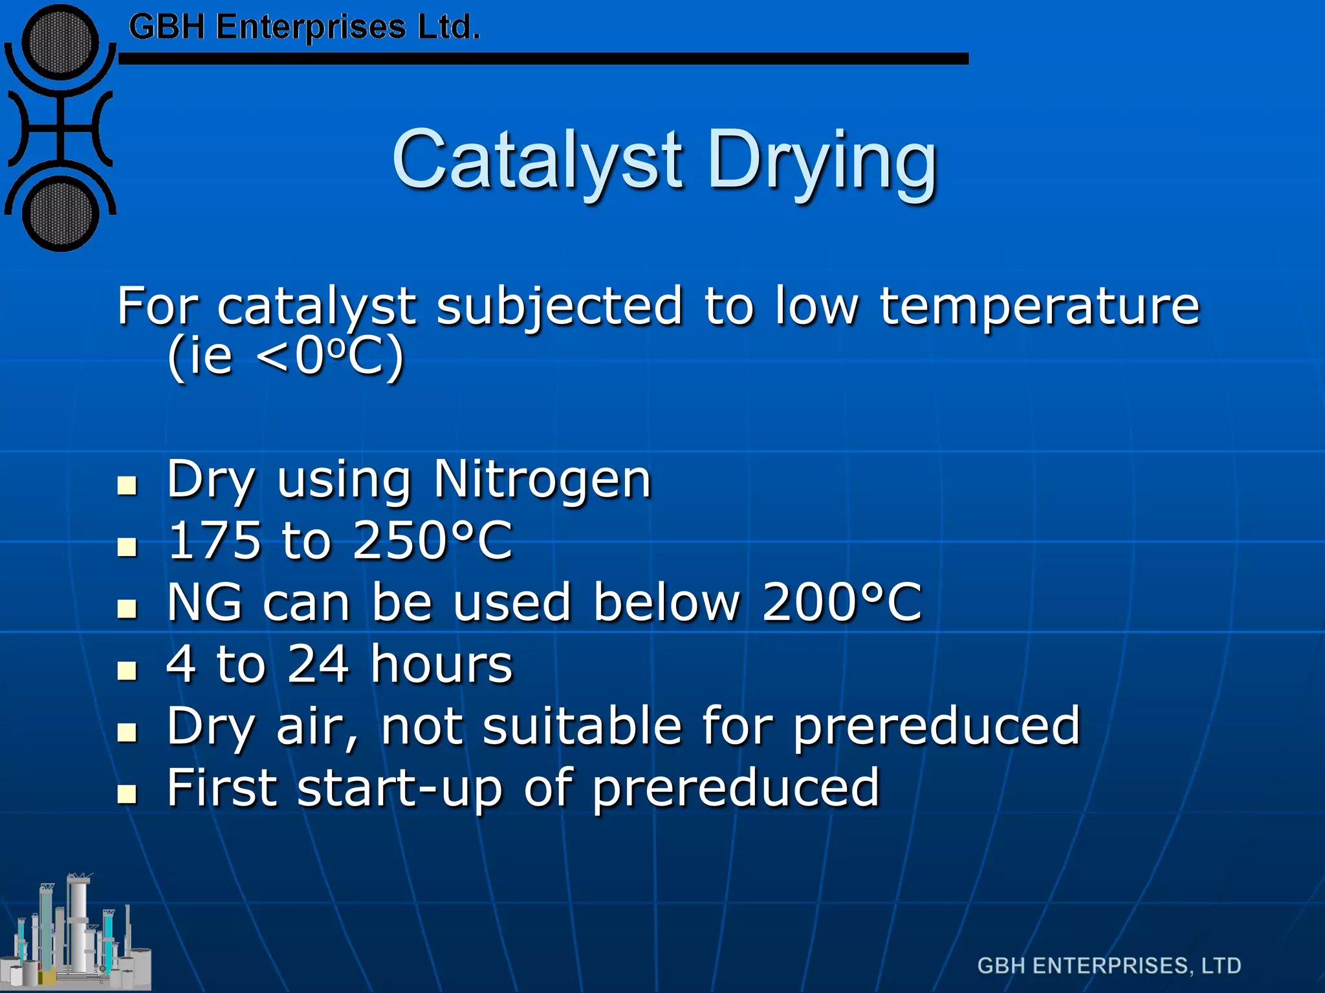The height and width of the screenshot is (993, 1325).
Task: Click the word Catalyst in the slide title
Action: (536, 160)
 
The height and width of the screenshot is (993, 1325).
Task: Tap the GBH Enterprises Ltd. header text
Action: (304, 27)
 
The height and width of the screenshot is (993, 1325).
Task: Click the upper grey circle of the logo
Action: (60, 43)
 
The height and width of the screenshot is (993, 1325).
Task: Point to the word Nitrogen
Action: (542, 480)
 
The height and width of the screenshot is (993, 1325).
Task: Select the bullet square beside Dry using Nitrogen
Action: (127, 486)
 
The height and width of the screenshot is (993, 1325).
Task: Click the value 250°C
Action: (432, 540)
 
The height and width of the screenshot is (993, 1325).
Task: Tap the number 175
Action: (214, 540)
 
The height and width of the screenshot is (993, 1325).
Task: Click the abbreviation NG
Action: (204, 602)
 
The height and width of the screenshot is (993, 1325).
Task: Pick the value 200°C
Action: (841, 602)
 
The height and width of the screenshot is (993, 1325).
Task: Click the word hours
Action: (442, 664)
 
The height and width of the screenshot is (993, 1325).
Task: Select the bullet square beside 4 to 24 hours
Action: (127, 670)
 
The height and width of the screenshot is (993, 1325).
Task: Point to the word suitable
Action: (582, 725)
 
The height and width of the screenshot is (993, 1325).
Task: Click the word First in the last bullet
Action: (222, 787)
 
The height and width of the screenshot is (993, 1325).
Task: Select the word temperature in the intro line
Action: (1039, 306)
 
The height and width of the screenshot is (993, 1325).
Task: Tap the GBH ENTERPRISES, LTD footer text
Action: (1109, 966)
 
